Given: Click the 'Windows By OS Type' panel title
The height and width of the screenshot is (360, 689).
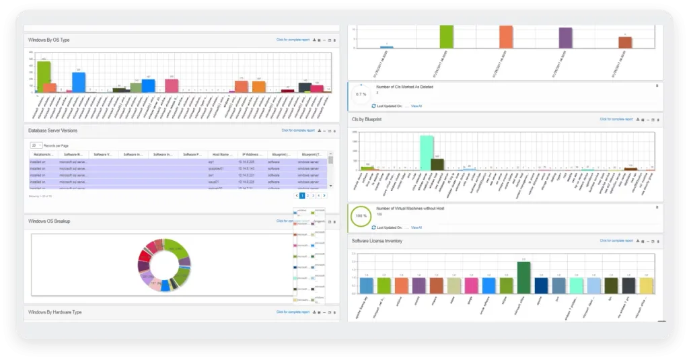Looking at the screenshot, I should [x=49, y=40].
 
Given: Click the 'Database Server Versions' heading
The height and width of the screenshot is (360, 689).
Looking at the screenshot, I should [x=52, y=130].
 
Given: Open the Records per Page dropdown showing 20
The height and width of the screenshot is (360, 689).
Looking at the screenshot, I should [x=36, y=145].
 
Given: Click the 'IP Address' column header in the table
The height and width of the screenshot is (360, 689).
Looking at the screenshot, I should [x=252, y=154].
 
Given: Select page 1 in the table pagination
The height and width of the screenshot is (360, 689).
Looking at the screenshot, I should [x=302, y=195].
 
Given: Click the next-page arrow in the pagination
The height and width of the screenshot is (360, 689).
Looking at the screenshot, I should [x=324, y=195].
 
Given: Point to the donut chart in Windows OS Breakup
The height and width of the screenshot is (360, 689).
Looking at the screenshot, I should [x=165, y=264].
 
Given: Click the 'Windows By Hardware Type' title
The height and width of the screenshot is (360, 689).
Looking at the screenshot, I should [x=55, y=312].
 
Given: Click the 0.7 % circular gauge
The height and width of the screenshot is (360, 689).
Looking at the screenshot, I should [x=361, y=94].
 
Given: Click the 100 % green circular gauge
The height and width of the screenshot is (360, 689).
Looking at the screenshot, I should [x=361, y=217].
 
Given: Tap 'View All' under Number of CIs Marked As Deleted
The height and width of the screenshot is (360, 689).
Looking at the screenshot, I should [x=416, y=106].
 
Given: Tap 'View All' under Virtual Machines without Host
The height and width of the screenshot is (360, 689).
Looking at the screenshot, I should [x=416, y=227].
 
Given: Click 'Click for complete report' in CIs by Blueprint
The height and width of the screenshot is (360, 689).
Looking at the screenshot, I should [x=616, y=119].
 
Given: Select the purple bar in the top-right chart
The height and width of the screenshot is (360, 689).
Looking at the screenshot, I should [x=565, y=38].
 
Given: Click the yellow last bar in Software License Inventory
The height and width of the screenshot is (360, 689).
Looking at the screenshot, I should [x=646, y=285].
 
